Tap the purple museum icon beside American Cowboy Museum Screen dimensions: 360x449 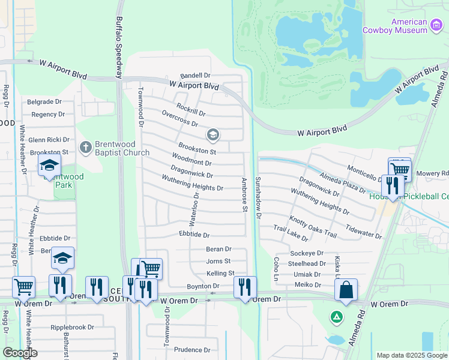pos(436,24)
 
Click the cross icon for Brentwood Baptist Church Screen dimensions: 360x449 pos(86,147)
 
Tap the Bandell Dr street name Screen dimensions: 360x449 pos(195,76)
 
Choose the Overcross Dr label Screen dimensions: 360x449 pos(179,119)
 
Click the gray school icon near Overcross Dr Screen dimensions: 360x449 pos(212,134)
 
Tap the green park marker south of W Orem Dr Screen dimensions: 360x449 pos(337,316)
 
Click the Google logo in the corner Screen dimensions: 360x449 pos(20,353)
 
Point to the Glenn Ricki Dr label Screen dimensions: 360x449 pos(49,140)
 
